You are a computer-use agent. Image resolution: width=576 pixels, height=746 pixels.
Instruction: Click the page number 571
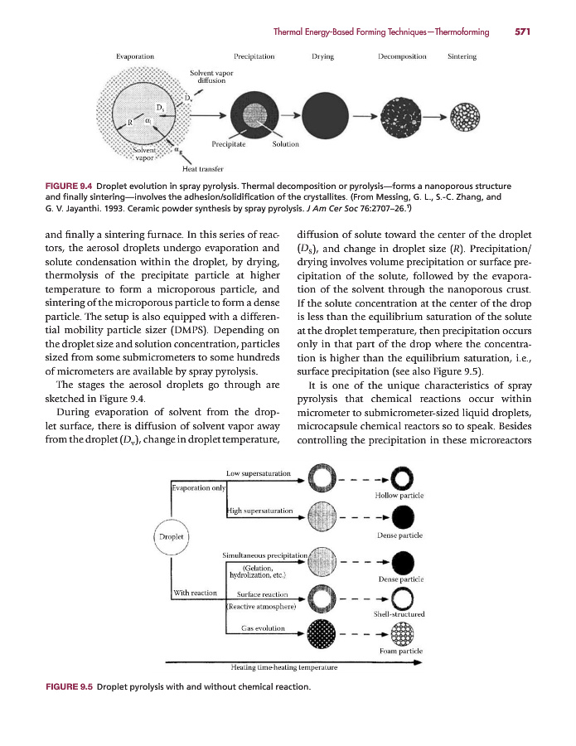coord(520,32)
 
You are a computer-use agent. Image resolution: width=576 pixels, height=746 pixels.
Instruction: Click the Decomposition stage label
coord(401,57)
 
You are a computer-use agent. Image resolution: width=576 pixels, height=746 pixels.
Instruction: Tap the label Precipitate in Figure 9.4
coord(228,144)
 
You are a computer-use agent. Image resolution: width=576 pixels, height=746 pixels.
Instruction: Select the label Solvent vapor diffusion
coord(211,77)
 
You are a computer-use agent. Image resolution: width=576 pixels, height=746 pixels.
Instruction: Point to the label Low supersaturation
coord(258,473)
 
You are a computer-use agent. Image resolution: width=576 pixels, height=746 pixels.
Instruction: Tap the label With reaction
coord(195,592)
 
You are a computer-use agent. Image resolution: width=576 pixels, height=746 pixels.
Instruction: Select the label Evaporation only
coord(198,487)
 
